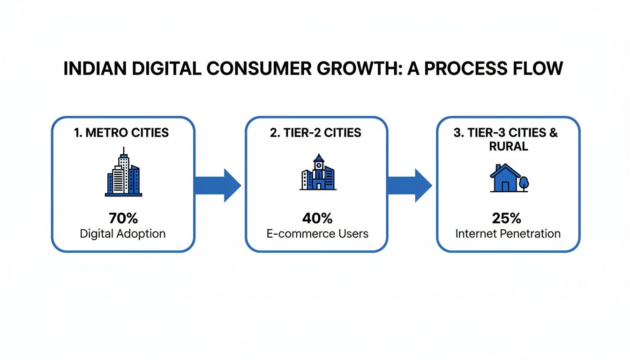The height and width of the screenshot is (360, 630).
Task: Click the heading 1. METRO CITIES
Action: coord(121,133)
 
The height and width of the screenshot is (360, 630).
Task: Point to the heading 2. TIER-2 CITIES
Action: coord(315,133)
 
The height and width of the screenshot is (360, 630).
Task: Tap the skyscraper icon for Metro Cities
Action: coord(123,172)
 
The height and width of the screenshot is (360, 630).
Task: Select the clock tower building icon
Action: coord(318,172)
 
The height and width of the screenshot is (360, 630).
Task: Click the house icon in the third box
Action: coord(505,178)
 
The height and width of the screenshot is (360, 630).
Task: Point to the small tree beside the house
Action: coord(524,183)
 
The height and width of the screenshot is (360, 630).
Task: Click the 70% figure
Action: coord(122,218)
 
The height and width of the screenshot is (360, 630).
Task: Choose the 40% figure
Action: coord(317,218)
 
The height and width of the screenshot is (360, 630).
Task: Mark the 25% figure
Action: coord(508,218)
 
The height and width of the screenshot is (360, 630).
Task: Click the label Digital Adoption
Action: coord(122,233)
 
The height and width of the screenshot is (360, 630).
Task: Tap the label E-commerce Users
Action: coord(317,233)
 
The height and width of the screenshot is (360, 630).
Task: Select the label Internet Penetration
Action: coord(508,233)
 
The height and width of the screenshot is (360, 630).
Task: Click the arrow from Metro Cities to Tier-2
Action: coord(218,186)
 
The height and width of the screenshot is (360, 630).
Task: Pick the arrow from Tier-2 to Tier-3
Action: coord(410,186)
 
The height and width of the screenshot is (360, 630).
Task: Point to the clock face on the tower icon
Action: coord(318,165)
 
